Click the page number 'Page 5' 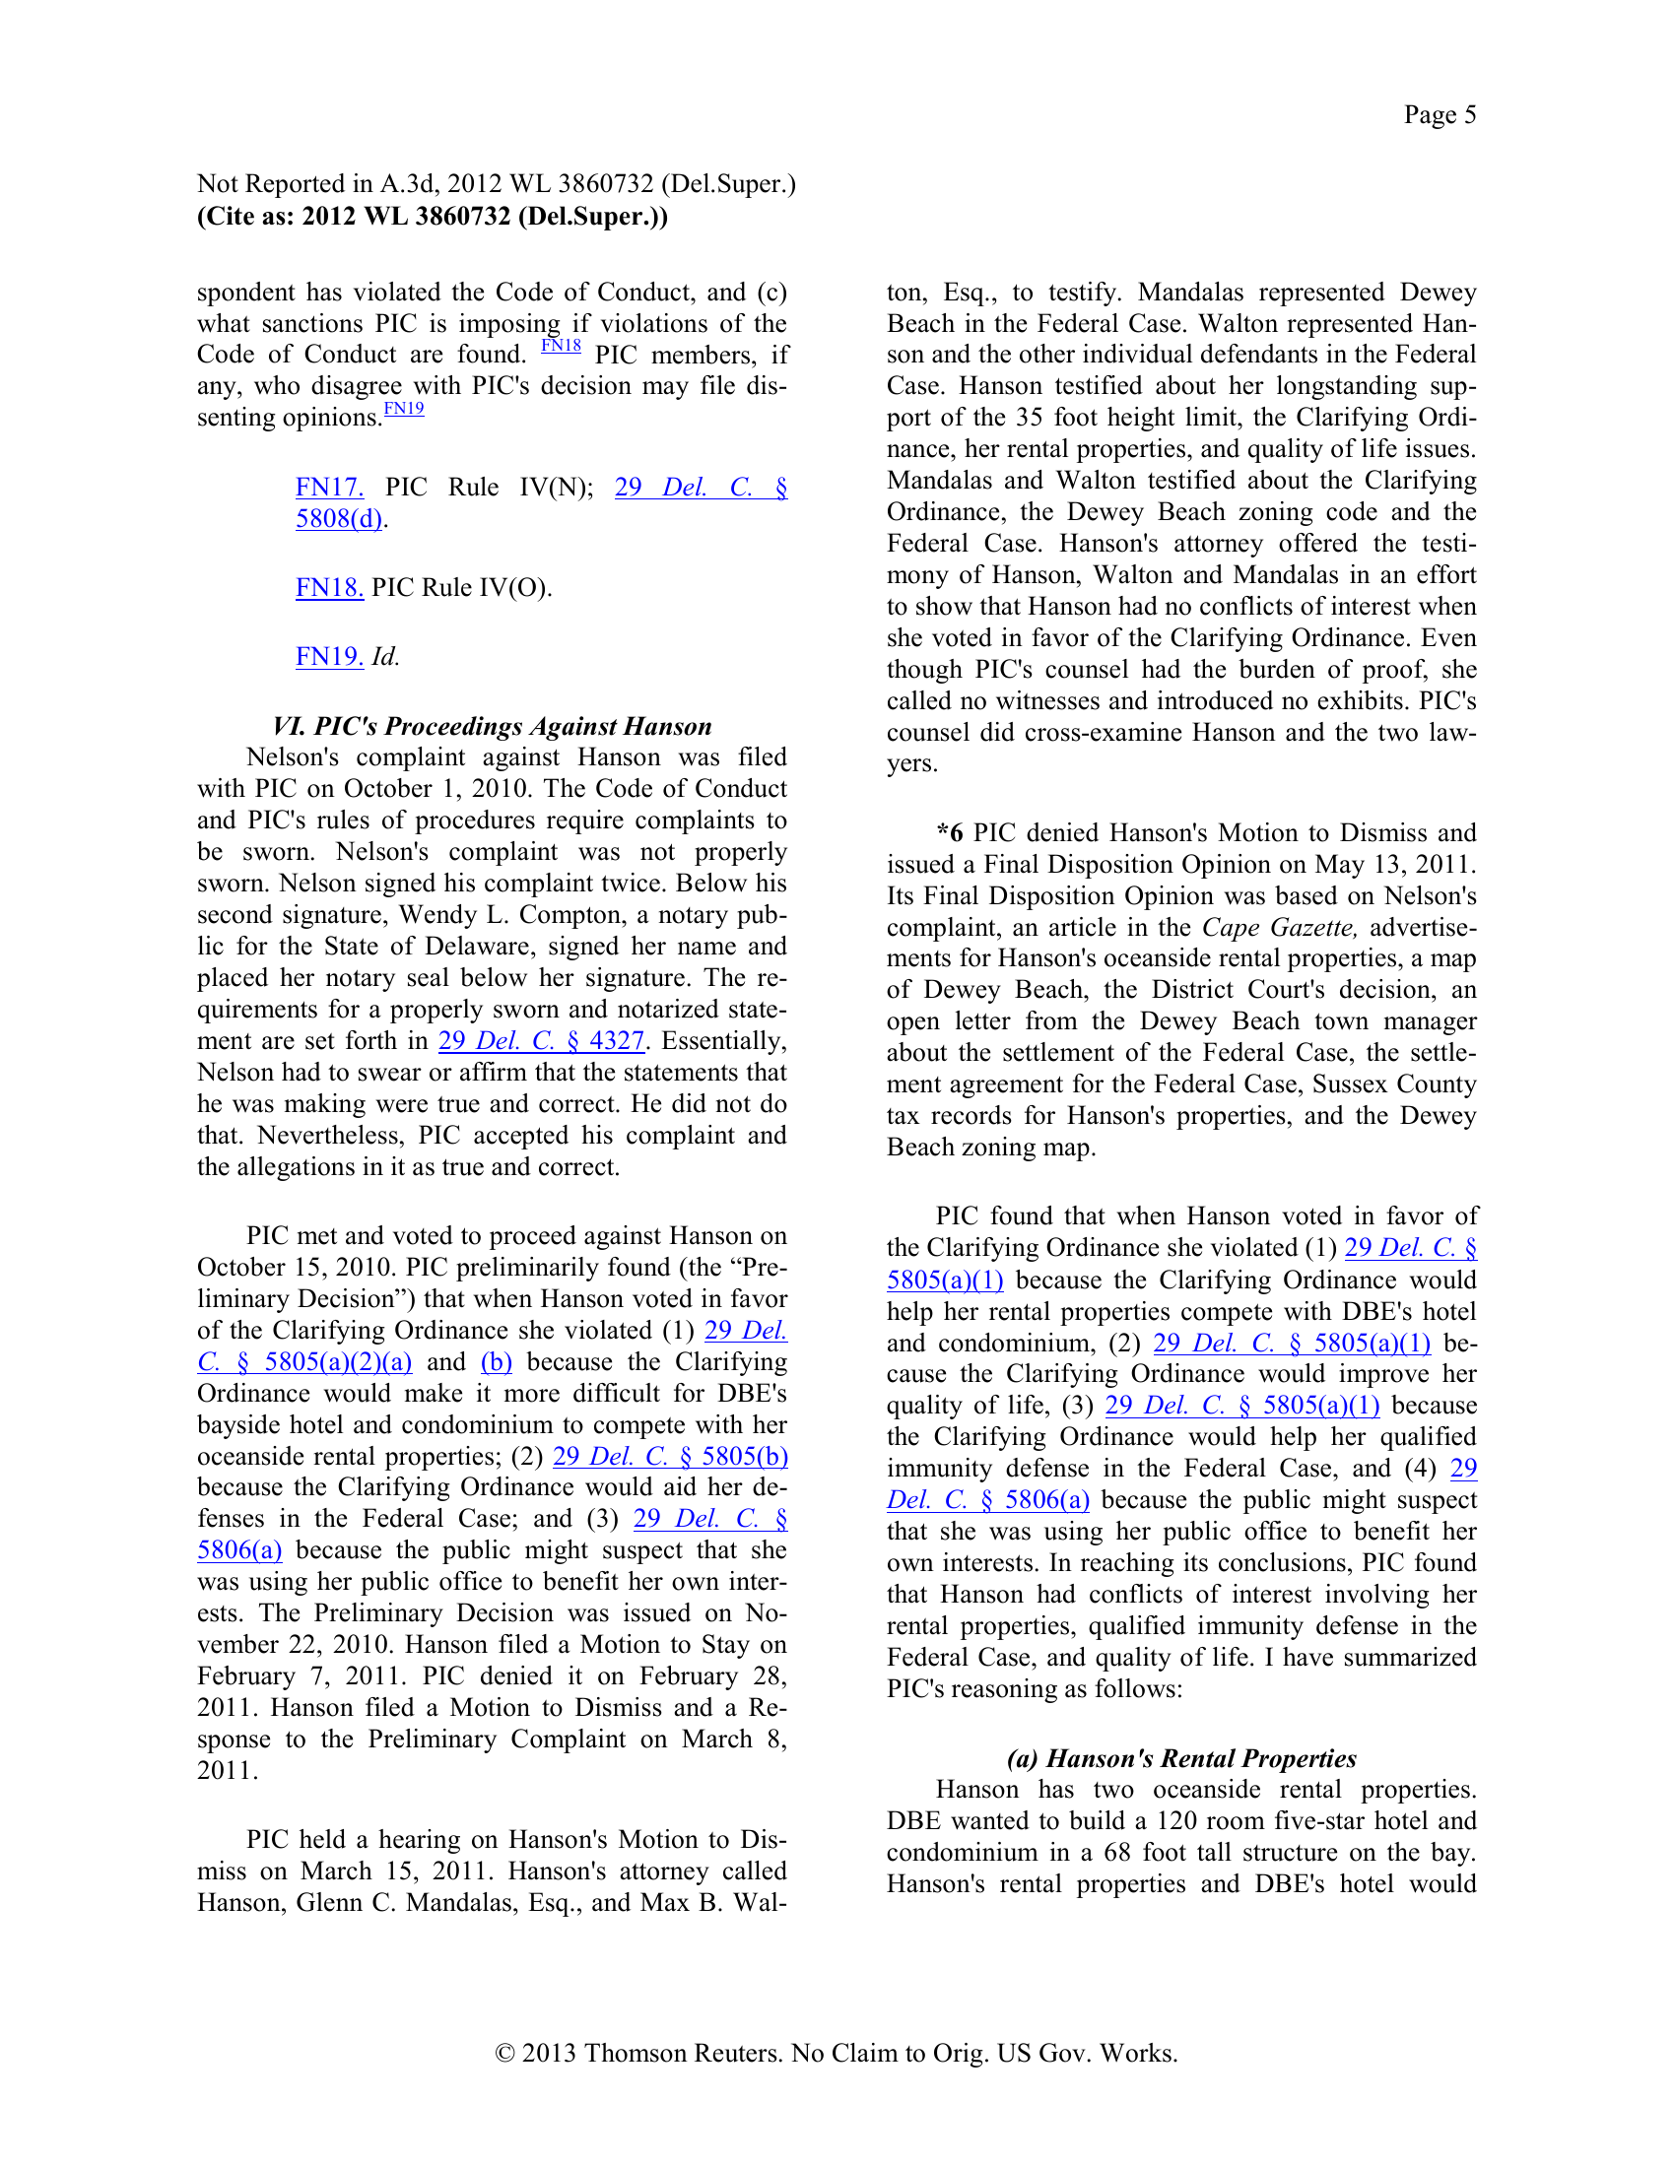tap(1439, 115)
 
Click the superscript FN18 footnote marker tap(561, 346)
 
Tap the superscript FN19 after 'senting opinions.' tap(404, 408)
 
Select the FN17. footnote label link tap(329, 488)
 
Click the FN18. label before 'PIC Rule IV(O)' tap(329, 587)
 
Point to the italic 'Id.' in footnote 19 tap(385, 657)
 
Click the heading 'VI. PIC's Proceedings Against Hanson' tap(493, 726)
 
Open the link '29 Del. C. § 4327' tap(542, 1041)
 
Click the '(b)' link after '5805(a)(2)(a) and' tap(497, 1361)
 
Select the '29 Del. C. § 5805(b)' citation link tap(670, 1456)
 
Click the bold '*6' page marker tap(950, 832)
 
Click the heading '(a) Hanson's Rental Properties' tap(1180, 1758)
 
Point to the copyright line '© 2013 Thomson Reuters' tap(837, 2052)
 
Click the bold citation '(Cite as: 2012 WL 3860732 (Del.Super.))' tap(433, 217)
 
